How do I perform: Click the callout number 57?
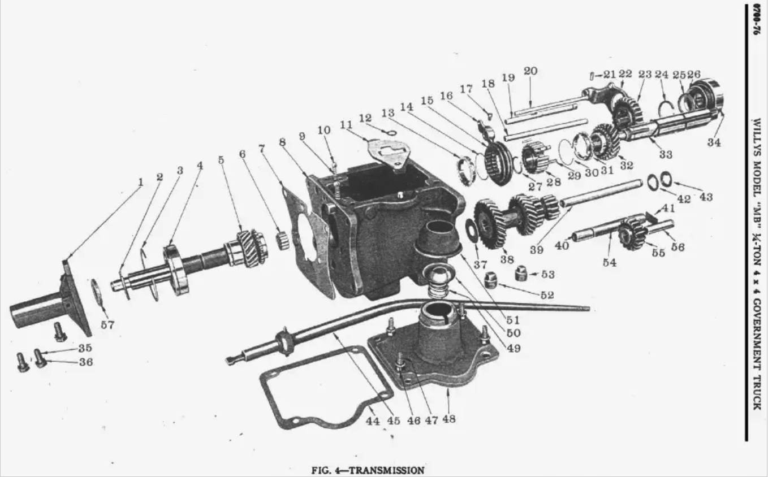pyautogui.click(x=107, y=324)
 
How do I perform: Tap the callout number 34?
pyautogui.click(x=714, y=142)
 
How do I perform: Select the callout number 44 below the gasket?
pyautogui.click(x=373, y=420)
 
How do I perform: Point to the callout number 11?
pyautogui.click(x=346, y=124)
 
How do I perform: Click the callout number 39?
pyautogui.click(x=537, y=250)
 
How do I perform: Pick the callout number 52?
pyautogui.click(x=547, y=294)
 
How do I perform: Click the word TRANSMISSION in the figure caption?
pyautogui.click(x=386, y=470)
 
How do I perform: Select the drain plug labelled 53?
pyautogui.click(x=520, y=274)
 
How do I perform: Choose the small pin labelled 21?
pyautogui.click(x=592, y=76)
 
